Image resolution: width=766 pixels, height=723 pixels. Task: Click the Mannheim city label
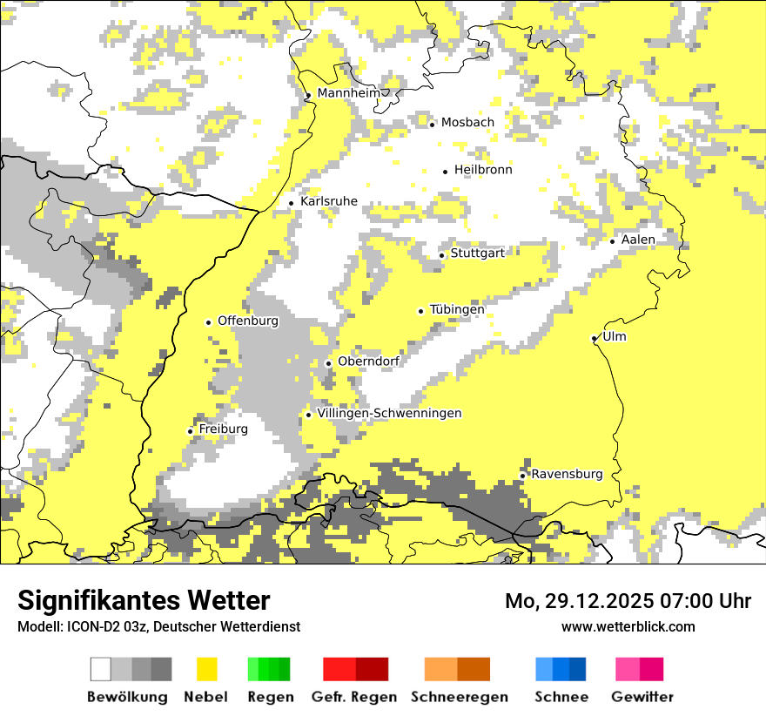(348, 93)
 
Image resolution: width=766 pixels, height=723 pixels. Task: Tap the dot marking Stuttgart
(442, 255)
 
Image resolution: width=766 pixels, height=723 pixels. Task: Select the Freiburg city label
(223, 429)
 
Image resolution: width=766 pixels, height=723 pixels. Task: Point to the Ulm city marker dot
(594, 338)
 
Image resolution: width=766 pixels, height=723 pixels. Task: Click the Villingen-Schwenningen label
(389, 414)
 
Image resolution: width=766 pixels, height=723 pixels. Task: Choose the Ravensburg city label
(567, 475)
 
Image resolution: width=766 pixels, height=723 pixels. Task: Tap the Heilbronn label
(483, 170)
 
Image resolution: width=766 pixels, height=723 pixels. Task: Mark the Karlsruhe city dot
(291, 204)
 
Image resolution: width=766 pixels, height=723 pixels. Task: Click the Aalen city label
(638, 240)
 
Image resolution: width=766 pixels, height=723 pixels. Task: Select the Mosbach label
(467, 123)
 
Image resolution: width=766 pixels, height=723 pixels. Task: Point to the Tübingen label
(457, 310)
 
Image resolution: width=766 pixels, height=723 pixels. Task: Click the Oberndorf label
(368, 362)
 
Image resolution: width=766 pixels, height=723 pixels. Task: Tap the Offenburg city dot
(208, 322)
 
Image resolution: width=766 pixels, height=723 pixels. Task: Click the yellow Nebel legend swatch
(206, 669)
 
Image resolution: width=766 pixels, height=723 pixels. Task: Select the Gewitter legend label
(642, 697)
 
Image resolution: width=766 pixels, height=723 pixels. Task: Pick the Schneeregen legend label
(459, 697)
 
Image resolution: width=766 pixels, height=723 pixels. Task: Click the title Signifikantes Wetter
(144, 600)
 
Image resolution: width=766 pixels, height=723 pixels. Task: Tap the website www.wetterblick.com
(628, 626)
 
